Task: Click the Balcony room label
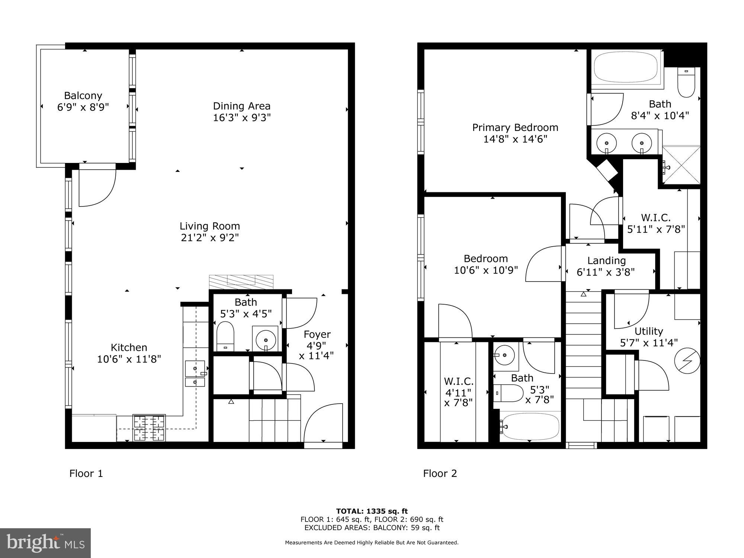pos(83,96)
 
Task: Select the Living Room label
pos(209,226)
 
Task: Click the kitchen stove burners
pos(149,427)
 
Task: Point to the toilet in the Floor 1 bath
pos(225,336)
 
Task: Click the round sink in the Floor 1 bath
pos(265,340)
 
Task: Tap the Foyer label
pos(317,334)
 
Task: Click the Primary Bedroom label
pos(515,128)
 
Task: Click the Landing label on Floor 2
pos(606,260)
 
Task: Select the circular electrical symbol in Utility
pos(687,360)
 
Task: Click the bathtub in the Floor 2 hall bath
pos(530,426)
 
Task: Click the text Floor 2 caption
pos(440,474)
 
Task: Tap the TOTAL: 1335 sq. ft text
pos(372,511)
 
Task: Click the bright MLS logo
pos(45,543)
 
